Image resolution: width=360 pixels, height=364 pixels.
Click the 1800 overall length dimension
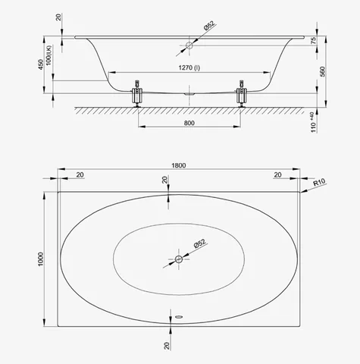click(x=179, y=165)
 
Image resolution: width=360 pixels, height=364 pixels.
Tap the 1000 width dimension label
click(x=41, y=259)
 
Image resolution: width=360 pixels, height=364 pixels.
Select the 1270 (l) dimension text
click(x=189, y=67)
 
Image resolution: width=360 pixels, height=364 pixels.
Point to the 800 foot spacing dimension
click(x=189, y=123)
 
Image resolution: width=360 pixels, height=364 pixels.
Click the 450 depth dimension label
click(x=41, y=64)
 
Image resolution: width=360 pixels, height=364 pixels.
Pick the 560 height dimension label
click(x=322, y=72)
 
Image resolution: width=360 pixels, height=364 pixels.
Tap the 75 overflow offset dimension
click(x=313, y=40)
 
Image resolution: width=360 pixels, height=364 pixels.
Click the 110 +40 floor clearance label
click(x=313, y=122)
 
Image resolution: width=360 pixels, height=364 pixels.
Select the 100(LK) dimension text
click(x=49, y=55)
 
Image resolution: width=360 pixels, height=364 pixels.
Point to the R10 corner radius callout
click(x=319, y=182)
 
